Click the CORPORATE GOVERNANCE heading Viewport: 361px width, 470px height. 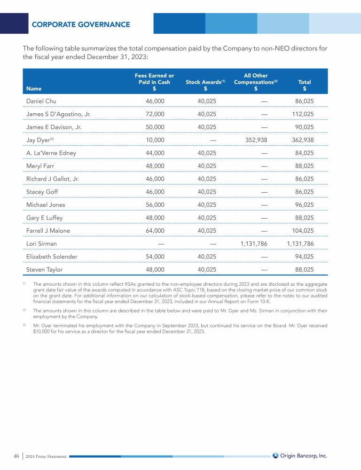[x=81, y=24]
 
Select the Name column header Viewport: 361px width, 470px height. [x=34, y=88]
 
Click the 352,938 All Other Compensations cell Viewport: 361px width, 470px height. [x=257, y=140]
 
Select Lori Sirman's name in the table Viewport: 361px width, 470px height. [x=41, y=244]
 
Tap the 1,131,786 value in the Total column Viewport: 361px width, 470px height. [x=300, y=244]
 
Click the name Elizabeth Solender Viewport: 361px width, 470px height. [x=52, y=257]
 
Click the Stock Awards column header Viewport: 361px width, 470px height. [x=205, y=82]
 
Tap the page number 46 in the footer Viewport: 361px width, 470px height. [x=16, y=456]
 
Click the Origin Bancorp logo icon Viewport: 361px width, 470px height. [x=275, y=455]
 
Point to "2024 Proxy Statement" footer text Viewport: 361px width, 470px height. [x=46, y=456]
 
